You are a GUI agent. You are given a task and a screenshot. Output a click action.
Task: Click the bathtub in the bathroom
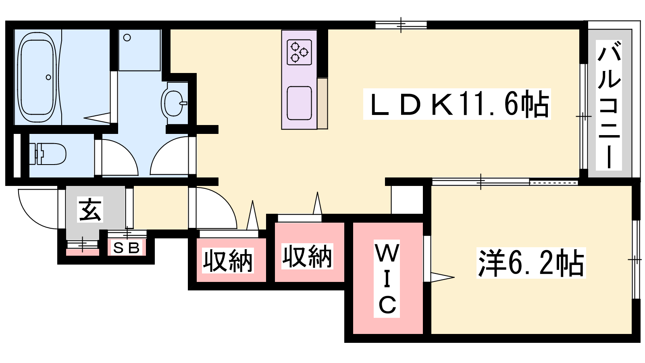37,77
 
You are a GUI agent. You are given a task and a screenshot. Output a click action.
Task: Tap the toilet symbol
48,154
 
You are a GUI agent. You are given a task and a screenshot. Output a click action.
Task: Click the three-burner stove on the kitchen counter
299,52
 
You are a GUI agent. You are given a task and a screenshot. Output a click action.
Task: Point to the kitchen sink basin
299,103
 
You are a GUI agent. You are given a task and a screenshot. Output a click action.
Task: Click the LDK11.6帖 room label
457,104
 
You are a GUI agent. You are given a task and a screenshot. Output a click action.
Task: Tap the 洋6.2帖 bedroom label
531,263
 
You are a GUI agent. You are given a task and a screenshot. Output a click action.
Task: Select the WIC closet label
387,279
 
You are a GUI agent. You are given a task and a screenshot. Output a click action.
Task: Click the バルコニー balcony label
609,105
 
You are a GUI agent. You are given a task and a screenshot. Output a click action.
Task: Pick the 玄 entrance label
90,209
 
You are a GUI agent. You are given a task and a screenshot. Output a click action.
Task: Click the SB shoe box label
127,248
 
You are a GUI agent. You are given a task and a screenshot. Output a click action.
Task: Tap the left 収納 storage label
228,261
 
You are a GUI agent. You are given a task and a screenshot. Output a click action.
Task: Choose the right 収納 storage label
307,256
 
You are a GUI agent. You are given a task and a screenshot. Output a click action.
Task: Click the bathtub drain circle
48,77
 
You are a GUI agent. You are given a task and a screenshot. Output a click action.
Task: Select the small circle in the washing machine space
127,38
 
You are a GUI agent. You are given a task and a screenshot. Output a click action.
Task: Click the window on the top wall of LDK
401,25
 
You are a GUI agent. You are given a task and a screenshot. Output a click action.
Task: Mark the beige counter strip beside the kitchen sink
322,103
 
